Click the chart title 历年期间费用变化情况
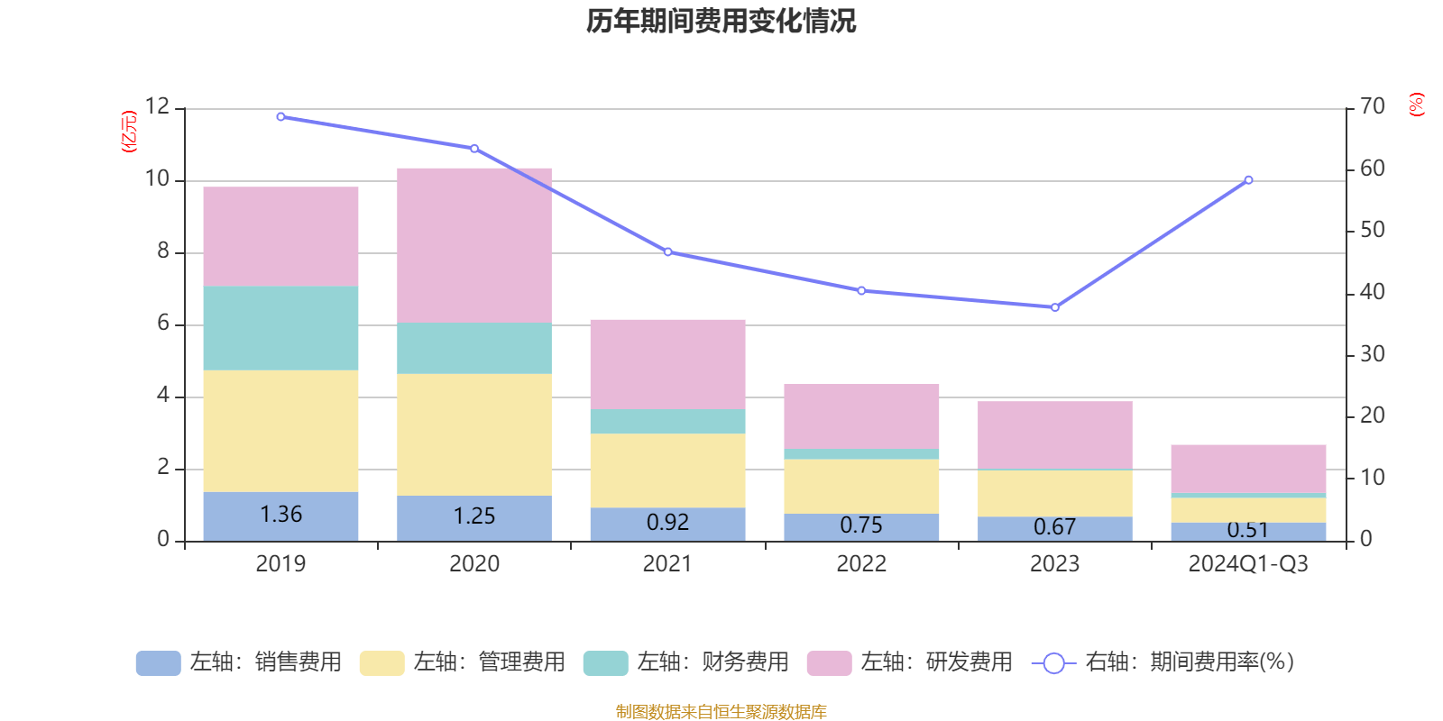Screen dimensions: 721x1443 pyautogui.click(x=721, y=21)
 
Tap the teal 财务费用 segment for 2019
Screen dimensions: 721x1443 pyautogui.click(x=280, y=328)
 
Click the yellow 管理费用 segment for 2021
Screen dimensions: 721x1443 pyautogui.click(x=667, y=470)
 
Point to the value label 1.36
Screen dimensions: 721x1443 pyautogui.click(x=280, y=515)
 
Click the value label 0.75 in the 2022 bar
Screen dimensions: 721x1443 pyautogui.click(x=861, y=525)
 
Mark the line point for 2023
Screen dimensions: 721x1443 pyautogui.click(x=1054, y=307)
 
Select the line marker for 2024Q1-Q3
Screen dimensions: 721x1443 pyautogui.click(x=1248, y=180)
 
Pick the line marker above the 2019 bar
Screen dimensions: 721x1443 pyautogui.click(x=280, y=116)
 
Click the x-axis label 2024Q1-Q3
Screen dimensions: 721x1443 pyautogui.click(x=1248, y=564)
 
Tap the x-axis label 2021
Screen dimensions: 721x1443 pyautogui.click(x=667, y=564)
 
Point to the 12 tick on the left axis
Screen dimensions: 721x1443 pyautogui.click(x=157, y=107)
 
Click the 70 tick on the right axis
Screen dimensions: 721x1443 pyautogui.click(x=1373, y=107)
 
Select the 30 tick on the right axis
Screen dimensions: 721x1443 pyautogui.click(x=1373, y=354)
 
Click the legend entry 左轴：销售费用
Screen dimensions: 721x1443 pyautogui.click(x=240, y=662)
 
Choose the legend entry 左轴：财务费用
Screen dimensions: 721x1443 pyautogui.click(x=687, y=662)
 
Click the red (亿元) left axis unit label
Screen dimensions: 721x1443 pyautogui.click(x=129, y=132)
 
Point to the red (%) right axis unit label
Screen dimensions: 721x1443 pyautogui.click(x=1417, y=105)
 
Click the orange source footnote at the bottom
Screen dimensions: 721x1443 pyautogui.click(x=721, y=712)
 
